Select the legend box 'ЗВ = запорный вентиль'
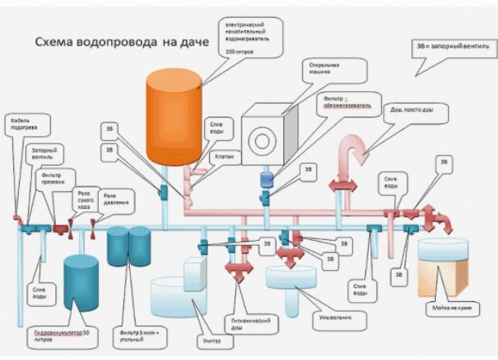(454, 47)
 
